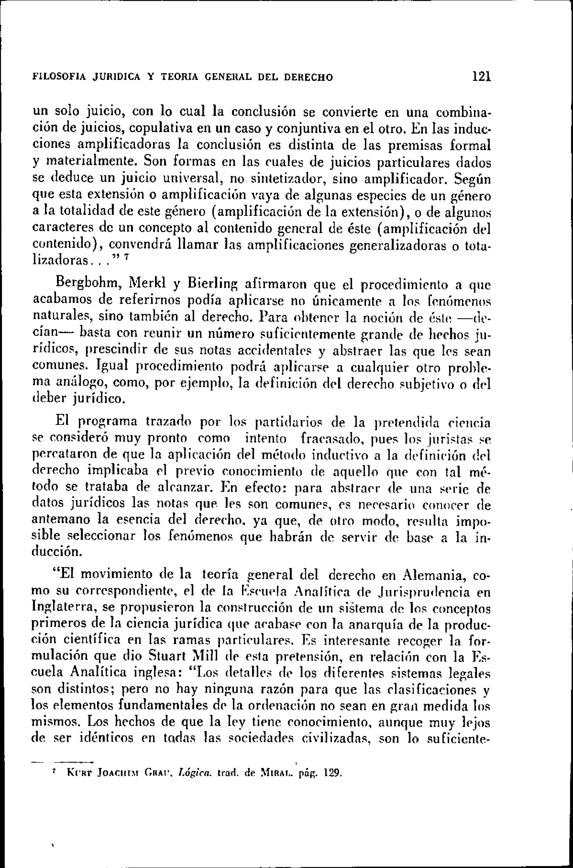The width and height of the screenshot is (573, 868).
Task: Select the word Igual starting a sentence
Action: coord(112,365)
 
